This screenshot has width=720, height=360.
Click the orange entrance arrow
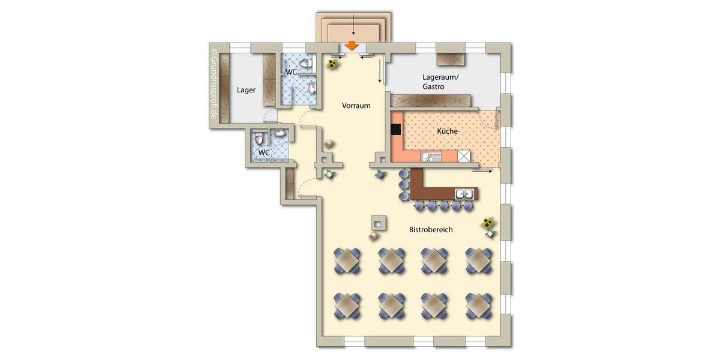(353, 46)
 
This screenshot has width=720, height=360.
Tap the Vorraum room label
(356, 106)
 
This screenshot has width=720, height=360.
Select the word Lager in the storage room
(246, 91)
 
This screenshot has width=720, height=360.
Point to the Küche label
(448, 131)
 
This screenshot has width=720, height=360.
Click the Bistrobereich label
(430, 230)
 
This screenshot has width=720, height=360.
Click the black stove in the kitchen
(397, 129)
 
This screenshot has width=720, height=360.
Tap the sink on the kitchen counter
(431, 157)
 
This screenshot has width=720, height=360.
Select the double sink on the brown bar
(463, 194)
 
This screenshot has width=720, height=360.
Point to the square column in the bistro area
(378, 223)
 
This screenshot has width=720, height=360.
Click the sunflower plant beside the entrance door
(331, 63)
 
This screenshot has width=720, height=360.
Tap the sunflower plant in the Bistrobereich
(490, 226)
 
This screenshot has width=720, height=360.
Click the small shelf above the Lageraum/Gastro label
(452, 59)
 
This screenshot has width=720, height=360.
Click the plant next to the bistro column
(373, 236)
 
